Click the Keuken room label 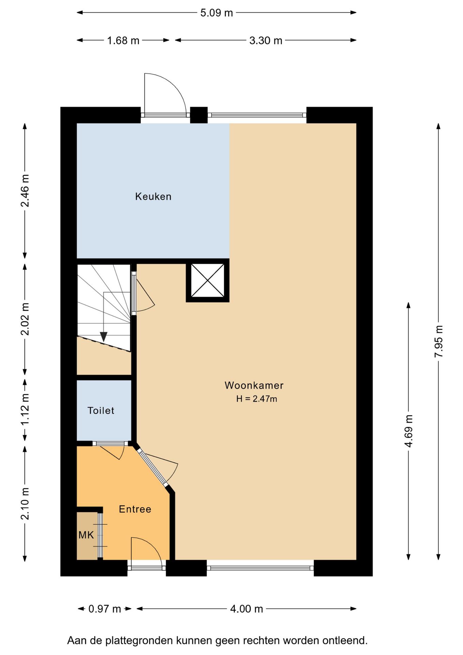tap(153, 196)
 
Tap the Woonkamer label tap(254, 385)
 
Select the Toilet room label tap(101, 410)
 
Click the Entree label tap(135, 509)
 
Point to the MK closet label tap(86, 535)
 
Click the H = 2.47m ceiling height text tap(257, 398)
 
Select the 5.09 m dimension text tap(216, 13)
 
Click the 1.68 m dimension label tap(123, 41)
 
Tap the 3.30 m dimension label tap(266, 41)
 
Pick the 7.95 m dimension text tap(438, 341)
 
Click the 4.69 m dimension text tap(408, 431)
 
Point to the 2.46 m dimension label tap(25, 191)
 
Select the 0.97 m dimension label tap(105, 609)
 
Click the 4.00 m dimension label tap(247, 609)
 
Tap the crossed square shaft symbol tap(208, 280)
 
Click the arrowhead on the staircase tap(104, 337)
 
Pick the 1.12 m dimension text tap(25, 409)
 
